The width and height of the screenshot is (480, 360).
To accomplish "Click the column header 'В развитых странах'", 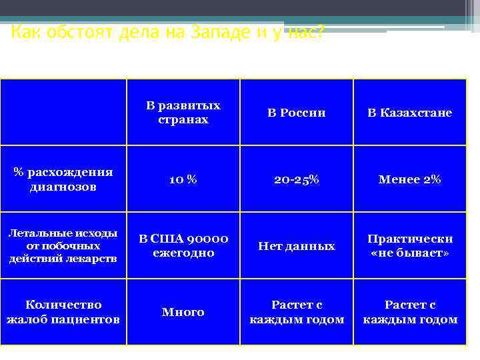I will (183, 113).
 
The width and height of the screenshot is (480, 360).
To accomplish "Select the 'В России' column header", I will (297, 113).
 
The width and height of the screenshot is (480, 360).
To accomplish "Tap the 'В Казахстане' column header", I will (410, 113).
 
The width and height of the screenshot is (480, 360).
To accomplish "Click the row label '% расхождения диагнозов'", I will (63, 179).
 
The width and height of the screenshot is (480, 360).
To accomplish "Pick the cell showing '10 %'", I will (183, 179).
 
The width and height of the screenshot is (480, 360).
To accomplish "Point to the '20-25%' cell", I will (297, 179).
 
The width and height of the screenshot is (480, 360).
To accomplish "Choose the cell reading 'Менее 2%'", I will (410, 179).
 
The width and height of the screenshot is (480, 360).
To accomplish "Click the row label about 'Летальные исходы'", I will (63, 245).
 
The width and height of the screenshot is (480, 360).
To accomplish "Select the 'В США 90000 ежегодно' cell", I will (183, 245).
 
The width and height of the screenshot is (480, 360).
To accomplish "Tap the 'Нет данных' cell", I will (297, 246).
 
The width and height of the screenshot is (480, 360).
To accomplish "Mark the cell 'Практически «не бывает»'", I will (410, 245).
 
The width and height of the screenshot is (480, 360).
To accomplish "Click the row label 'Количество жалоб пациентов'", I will (63, 311).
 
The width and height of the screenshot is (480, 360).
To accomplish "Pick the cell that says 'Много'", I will (183, 311).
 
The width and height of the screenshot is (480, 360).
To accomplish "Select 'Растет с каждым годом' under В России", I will (297, 311).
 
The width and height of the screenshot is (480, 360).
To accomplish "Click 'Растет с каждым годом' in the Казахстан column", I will (410, 311).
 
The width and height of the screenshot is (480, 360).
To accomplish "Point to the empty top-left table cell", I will (63, 113).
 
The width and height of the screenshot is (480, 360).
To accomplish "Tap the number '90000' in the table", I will (207, 239).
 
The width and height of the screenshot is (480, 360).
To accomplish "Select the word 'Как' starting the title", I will (24, 32).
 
